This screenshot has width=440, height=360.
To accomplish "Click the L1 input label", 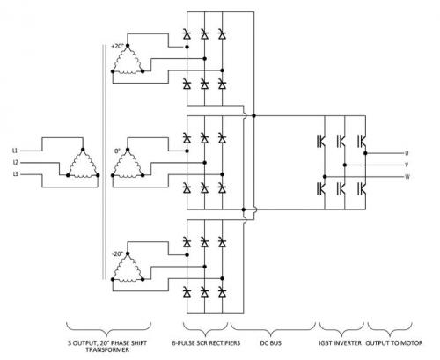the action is click(x=15, y=151).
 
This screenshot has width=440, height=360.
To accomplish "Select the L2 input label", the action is click(x=15, y=163).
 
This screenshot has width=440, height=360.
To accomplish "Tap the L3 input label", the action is click(x=15, y=174).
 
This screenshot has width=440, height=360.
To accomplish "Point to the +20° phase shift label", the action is click(x=118, y=46).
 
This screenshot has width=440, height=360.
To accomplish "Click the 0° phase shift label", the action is click(x=117, y=151).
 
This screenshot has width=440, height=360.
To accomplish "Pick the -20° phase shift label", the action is click(x=118, y=254).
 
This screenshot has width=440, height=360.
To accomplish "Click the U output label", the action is click(x=407, y=153).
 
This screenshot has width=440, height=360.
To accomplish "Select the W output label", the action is click(x=407, y=177).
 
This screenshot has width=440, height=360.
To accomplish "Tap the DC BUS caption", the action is click(x=271, y=342).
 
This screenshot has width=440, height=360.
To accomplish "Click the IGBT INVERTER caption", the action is click(x=341, y=342).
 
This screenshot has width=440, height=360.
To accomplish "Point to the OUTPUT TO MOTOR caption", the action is click(x=394, y=342).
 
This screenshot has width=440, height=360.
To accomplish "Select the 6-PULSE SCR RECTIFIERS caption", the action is click(x=206, y=342).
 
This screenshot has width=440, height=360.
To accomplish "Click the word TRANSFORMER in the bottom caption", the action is click(x=107, y=349).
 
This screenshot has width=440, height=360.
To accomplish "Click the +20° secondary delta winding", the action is click(x=128, y=59).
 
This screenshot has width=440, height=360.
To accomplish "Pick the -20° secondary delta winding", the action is click(x=128, y=267).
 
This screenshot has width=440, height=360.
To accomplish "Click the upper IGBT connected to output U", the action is click(x=362, y=141).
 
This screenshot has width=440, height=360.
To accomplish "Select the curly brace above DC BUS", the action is click(x=273, y=330).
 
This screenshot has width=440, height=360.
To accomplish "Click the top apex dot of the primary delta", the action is click(x=83, y=150).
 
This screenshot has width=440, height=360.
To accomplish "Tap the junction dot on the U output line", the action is click(x=365, y=153).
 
